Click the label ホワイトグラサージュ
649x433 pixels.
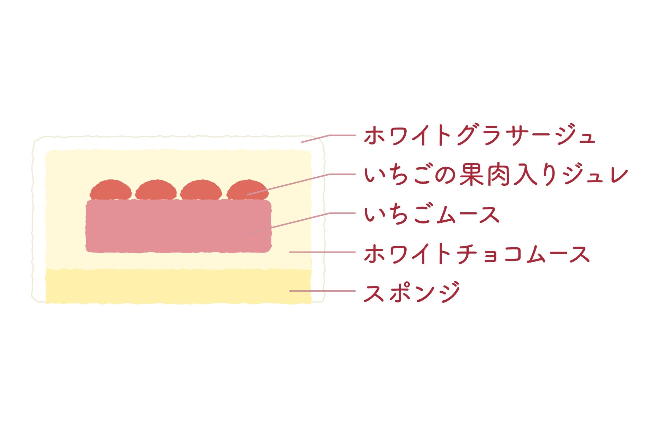coord(479,135)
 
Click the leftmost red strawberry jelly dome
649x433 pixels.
coord(111,191)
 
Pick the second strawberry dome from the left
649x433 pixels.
coord(156,191)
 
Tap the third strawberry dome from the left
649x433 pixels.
coord(201,191)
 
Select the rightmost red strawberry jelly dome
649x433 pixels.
coord(247,191)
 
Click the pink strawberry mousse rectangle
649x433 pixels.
coord(178,226)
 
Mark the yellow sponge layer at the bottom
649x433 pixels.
coord(178,286)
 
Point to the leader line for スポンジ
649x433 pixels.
coord(322,291)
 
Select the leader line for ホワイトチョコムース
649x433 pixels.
coord(322,252)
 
